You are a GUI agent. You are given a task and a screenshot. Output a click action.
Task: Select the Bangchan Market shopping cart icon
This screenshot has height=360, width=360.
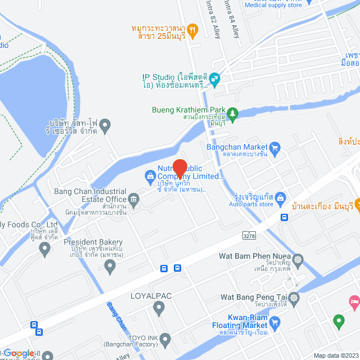(275, 148)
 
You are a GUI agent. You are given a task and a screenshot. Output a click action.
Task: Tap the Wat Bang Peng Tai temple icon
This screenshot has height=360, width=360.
(295, 297)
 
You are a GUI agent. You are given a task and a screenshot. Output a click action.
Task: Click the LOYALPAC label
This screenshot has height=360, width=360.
(151, 295)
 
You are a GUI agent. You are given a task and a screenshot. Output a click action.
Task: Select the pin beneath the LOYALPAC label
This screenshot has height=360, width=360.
(158, 308)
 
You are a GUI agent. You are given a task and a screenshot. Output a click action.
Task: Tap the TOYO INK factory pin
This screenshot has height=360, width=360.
(165, 339)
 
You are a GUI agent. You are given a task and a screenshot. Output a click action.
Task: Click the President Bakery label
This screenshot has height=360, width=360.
(93, 242)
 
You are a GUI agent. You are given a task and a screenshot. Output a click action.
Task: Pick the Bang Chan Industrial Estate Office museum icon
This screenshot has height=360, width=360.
(134, 198)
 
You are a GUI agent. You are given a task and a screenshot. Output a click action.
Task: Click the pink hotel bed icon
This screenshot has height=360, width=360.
(355, 304)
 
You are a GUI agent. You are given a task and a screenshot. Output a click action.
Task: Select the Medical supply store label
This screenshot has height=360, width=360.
(273, 5)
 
